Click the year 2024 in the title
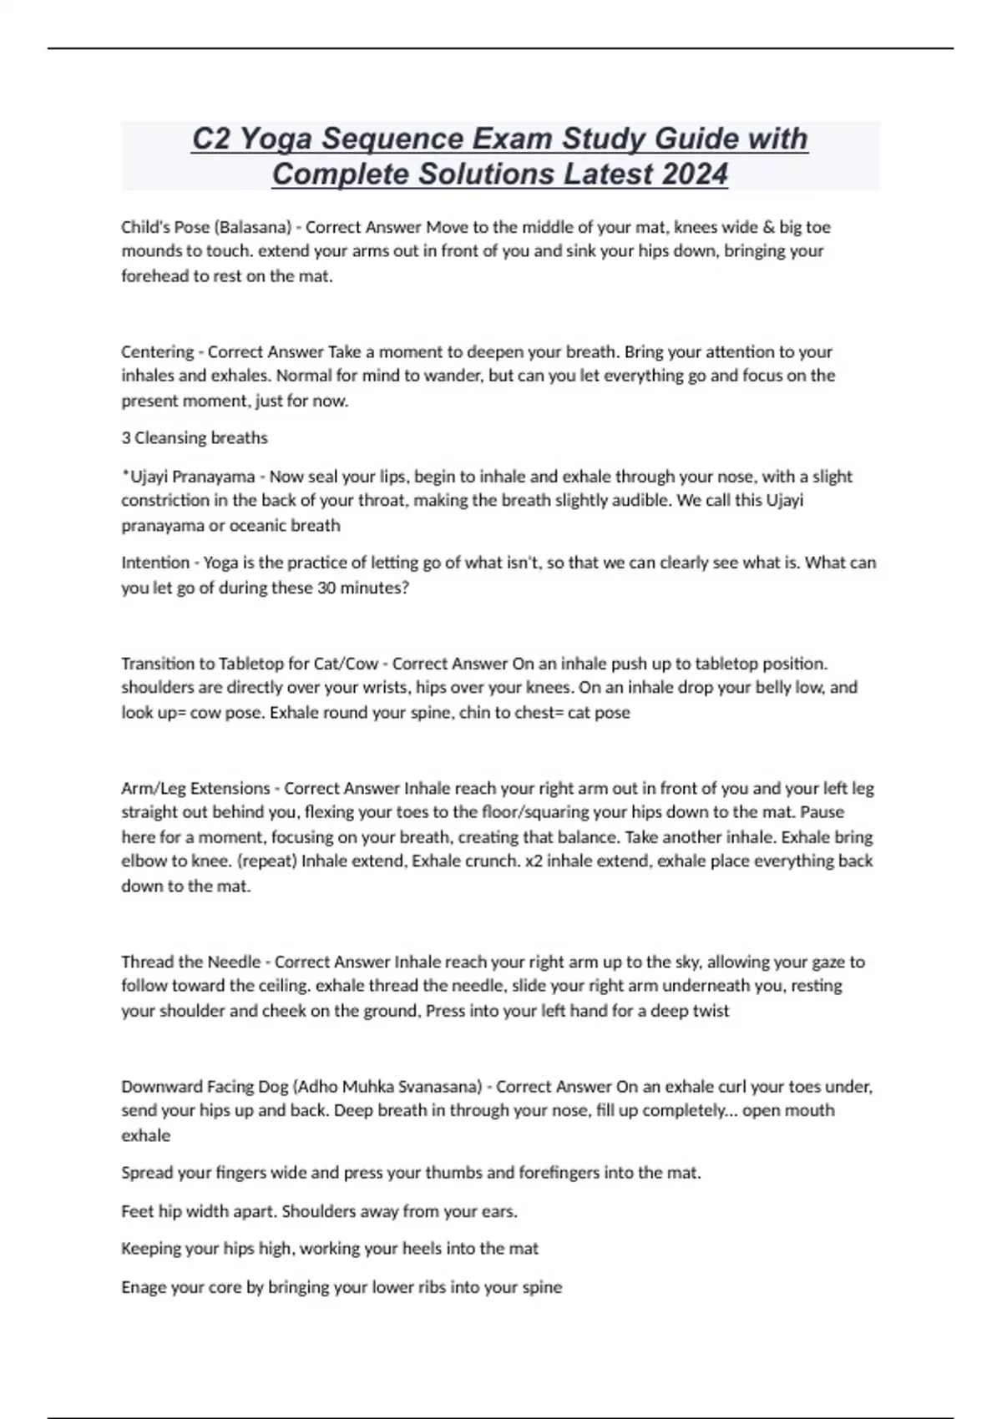point(695,174)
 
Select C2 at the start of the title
point(211,139)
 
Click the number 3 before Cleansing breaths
point(125,438)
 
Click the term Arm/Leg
point(154,788)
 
